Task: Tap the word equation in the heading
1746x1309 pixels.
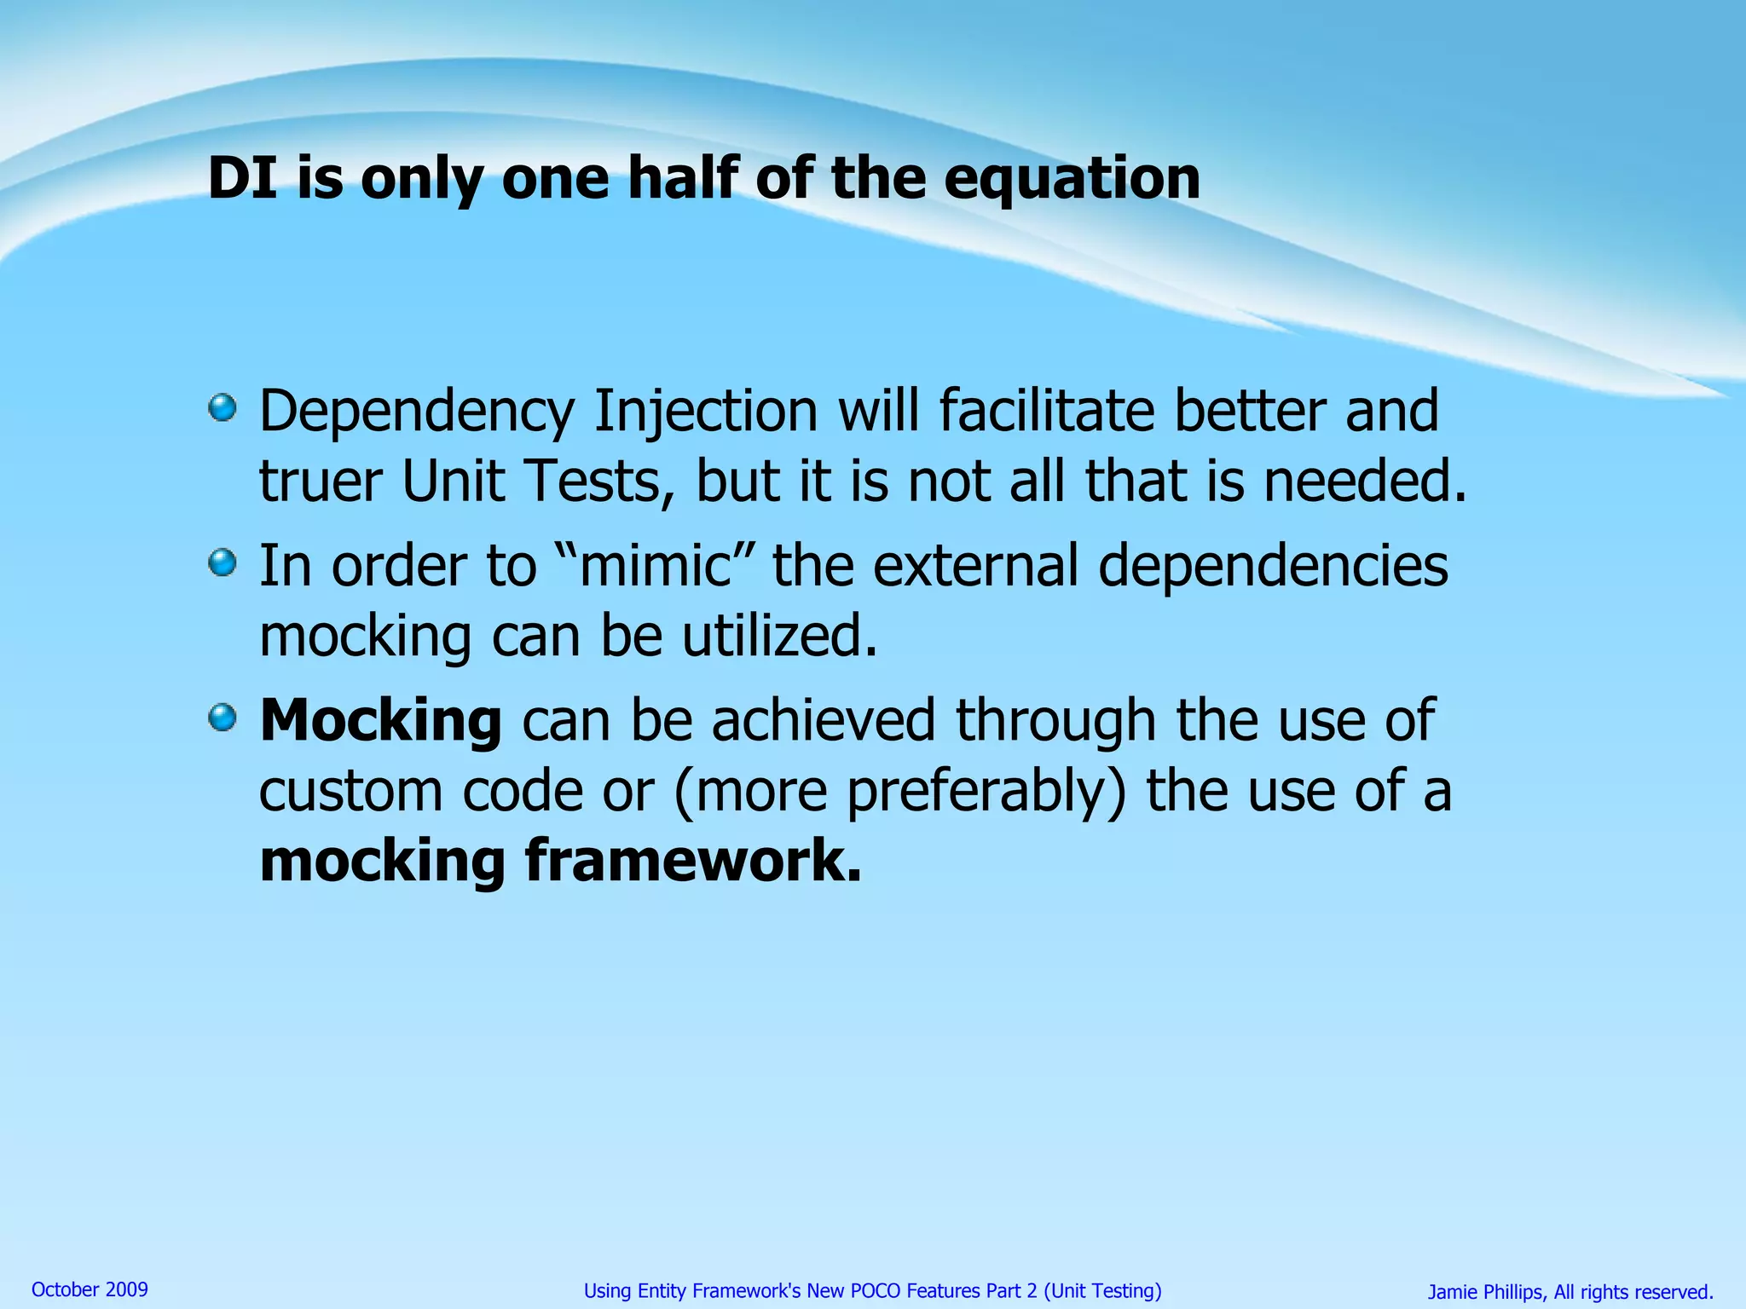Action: click(x=1072, y=181)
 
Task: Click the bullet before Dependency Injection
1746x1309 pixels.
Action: click(x=223, y=407)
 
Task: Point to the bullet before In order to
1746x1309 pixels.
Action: click(x=223, y=562)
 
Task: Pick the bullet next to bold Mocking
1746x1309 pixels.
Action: click(x=223, y=718)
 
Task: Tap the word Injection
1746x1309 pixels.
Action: click(x=706, y=412)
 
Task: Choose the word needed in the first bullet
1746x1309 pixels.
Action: click(x=1363, y=481)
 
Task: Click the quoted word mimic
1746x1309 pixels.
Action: click(x=655, y=566)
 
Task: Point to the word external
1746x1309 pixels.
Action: click(x=976, y=566)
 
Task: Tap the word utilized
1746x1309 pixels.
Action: click(x=779, y=637)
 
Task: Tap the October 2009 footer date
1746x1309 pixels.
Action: click(x=90, y=1289)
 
